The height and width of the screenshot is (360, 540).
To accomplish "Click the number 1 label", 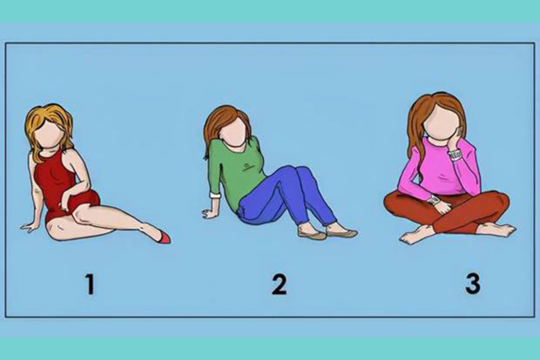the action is click(x=90, y=284).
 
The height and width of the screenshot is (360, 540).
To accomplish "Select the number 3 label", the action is click(x=473, y=284).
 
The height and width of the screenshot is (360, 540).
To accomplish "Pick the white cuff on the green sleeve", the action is click(x=215, y=194).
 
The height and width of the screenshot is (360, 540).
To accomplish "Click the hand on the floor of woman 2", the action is click(x=209, y=214).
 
